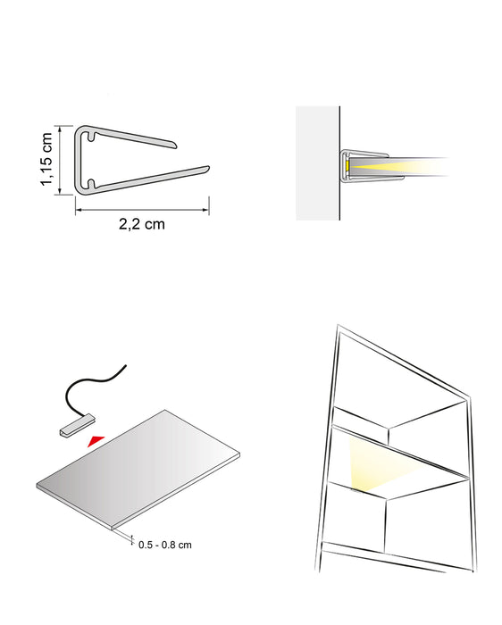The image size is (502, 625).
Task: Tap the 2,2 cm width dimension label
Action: (141, 224)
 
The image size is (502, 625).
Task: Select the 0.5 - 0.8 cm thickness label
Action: (165, 544)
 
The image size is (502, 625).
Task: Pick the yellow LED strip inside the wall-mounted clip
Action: (347, 167)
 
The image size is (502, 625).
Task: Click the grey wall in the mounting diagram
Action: (317, 165)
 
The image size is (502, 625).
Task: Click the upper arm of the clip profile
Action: (143, 136)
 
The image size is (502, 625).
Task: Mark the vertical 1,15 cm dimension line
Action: (59, 160)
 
